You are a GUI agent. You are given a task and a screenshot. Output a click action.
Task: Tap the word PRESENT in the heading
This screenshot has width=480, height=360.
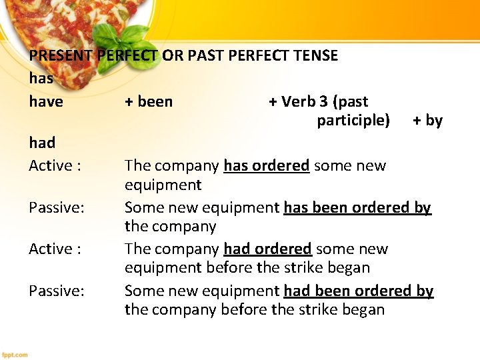click(61, 55)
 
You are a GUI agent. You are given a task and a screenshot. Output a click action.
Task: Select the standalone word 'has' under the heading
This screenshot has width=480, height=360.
click(41, 78)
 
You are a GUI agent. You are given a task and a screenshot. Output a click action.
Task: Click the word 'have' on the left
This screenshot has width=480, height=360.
click(46, 102)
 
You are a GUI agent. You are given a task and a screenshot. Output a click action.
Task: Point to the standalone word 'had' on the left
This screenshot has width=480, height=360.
click(42, 143)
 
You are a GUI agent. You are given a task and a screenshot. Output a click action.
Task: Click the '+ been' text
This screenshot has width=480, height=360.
click(149, 102)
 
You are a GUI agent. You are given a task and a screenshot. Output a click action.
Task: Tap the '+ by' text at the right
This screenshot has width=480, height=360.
click(427, 121)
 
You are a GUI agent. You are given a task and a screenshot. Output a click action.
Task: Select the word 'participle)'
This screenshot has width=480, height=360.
click(353, 121)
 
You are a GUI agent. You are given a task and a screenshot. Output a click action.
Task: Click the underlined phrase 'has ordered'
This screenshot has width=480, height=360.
click(266, 165)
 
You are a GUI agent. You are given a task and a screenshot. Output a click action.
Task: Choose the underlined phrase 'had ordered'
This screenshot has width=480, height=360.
click(267, 249)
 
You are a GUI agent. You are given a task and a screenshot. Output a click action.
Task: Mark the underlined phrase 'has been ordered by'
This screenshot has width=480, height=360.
click(357, 207)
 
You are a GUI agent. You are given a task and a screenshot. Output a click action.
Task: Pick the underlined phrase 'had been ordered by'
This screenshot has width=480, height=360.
click(358, 291)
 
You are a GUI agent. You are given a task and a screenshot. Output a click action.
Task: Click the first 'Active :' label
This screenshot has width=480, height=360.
click(55, 165)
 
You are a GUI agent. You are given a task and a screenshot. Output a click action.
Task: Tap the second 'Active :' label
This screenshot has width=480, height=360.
click(55, 249)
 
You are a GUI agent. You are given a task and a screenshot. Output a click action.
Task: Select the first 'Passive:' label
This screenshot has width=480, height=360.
click(57, 207)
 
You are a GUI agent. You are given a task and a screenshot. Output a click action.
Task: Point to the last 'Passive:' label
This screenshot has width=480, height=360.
click(57, 291)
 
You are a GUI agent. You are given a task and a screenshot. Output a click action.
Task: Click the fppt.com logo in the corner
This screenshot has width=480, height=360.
click(15, 354)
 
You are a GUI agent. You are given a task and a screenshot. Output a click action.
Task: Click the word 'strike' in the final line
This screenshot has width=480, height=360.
click(320, 309)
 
